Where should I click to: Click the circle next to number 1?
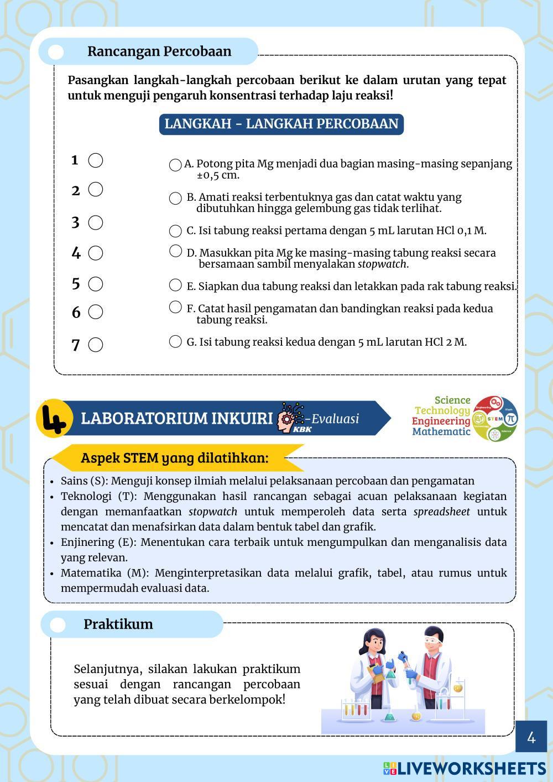[96, 160]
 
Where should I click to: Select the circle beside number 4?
[96, 253]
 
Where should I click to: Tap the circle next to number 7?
[96, 345]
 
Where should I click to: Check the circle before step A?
[175, 165]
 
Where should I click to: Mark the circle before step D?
[175, 251]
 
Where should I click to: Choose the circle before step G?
[175, 341]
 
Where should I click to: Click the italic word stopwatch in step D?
[383, 264]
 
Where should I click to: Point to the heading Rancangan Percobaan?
[159, 51]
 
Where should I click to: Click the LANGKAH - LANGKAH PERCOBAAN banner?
[281, 123]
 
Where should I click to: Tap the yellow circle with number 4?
[54, 419]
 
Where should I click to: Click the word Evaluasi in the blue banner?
[335, 419]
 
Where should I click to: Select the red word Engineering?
[441, 421]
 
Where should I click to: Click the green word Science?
[452, 400]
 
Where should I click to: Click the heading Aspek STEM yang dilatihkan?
[175, 458]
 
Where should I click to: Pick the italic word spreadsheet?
[441, 512]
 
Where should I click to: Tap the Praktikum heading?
[118, 624]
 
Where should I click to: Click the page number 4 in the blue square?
[531, 737]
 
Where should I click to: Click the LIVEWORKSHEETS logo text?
[471, 768]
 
